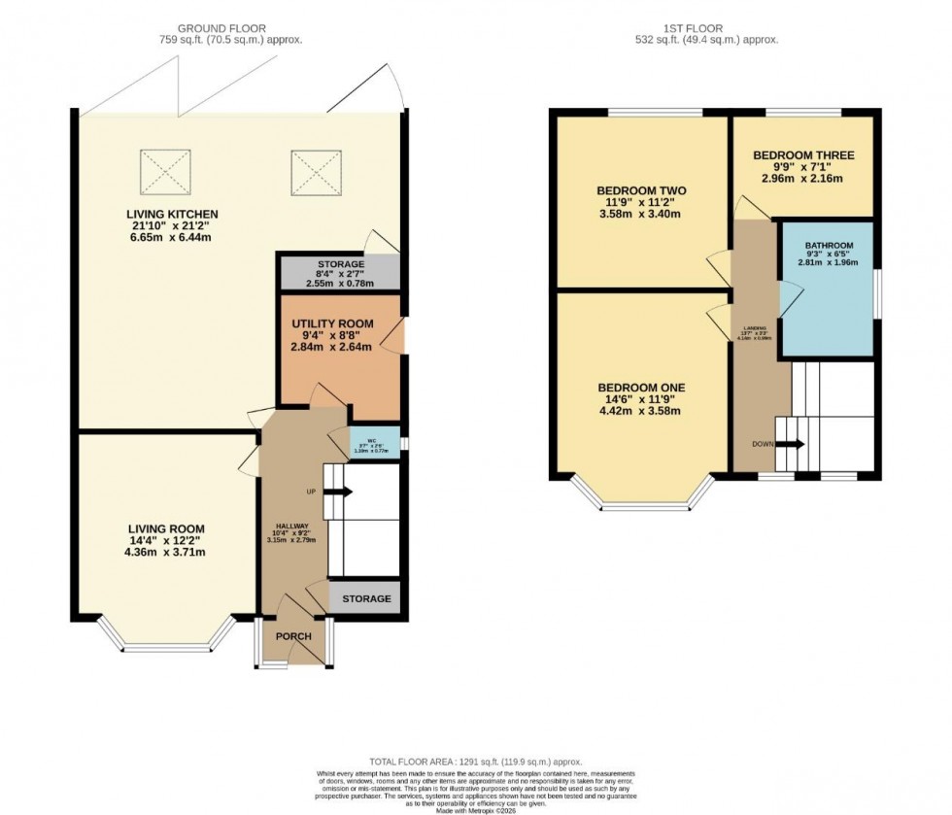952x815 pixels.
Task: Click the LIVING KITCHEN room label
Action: pyautogui.click(x=172, y=214)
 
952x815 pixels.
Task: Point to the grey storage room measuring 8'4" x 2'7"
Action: pyautogui.click(x=340, y=272)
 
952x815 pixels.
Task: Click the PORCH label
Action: pyautogui.click(x=294, y=636)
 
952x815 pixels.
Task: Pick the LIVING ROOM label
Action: pyautogui.click(x=165, y=528)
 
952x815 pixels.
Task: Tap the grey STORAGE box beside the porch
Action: pyautogui.click(x=365, y=598)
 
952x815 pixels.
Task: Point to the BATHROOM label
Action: pyautogui.click(x=829, y=245)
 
